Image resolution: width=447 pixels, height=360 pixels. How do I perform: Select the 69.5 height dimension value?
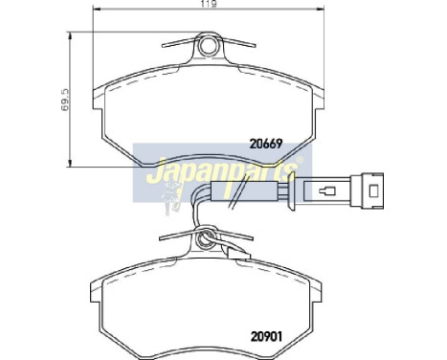click(x=62, y=99)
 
